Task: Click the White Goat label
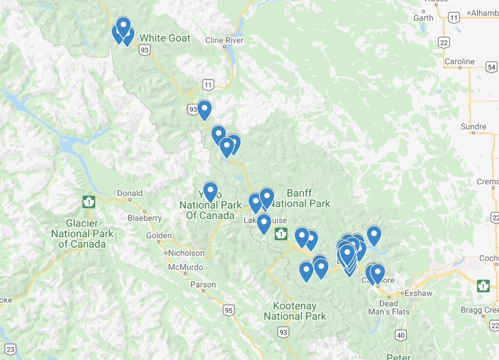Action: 165,38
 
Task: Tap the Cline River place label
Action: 224,40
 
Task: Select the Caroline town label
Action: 460,62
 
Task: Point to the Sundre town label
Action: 473,127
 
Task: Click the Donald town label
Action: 130,193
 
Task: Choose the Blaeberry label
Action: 145,218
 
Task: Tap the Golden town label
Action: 159,236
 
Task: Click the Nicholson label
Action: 186,253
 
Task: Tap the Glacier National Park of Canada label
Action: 82,233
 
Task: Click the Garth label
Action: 423,18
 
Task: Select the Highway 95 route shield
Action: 228,310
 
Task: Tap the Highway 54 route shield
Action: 492,67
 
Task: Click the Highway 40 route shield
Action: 401,335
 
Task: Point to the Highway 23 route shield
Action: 11,349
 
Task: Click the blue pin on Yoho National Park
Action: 210,191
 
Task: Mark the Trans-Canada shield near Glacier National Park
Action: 88,202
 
